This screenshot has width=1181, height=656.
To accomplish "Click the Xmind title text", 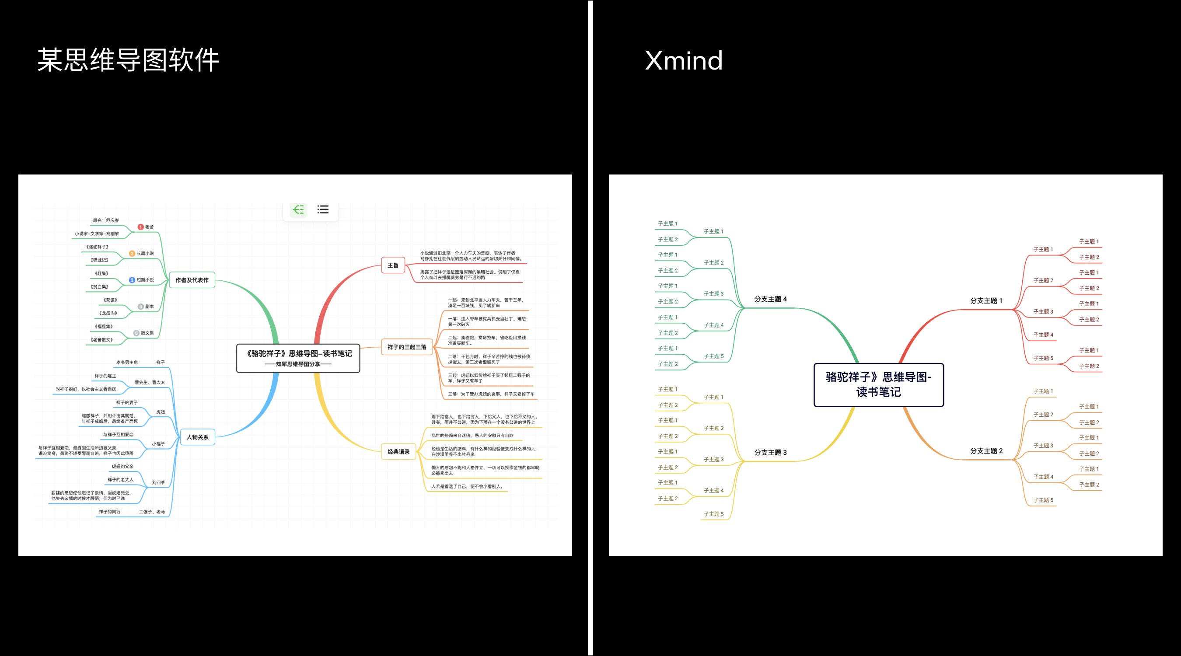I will pos(684,60).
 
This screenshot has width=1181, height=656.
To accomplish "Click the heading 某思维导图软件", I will pos(128,60).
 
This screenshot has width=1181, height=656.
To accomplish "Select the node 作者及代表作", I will pos(192,280).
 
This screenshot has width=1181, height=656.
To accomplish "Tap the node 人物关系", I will pos(197,437).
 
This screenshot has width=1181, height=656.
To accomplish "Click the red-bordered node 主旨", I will pos(393,265).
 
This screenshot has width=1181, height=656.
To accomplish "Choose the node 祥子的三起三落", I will pos(407,347).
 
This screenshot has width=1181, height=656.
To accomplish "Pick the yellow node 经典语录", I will pos(398,451).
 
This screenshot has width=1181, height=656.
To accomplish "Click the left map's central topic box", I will pos(298,358).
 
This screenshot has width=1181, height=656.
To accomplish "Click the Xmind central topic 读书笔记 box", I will pos(878,384).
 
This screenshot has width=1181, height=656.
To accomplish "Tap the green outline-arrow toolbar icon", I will pos(298,209).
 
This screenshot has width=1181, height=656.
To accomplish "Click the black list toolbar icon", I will pos(323,209).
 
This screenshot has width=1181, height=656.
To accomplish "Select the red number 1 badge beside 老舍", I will pos(141,227).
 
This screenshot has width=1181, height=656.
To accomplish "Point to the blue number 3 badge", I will pos(132,280).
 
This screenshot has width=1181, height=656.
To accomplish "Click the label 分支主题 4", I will pos(770,299).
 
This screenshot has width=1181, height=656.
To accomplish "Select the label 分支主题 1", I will pos(985,301).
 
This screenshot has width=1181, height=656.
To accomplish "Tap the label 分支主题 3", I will pos(770,453).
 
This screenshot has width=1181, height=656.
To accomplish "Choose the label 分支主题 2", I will pos(985,451).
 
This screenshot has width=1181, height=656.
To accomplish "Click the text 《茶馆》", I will pos(110,300).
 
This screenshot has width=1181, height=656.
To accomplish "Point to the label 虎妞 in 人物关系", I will pos(161,412).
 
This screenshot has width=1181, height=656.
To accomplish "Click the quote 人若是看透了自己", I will pos(467,486).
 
